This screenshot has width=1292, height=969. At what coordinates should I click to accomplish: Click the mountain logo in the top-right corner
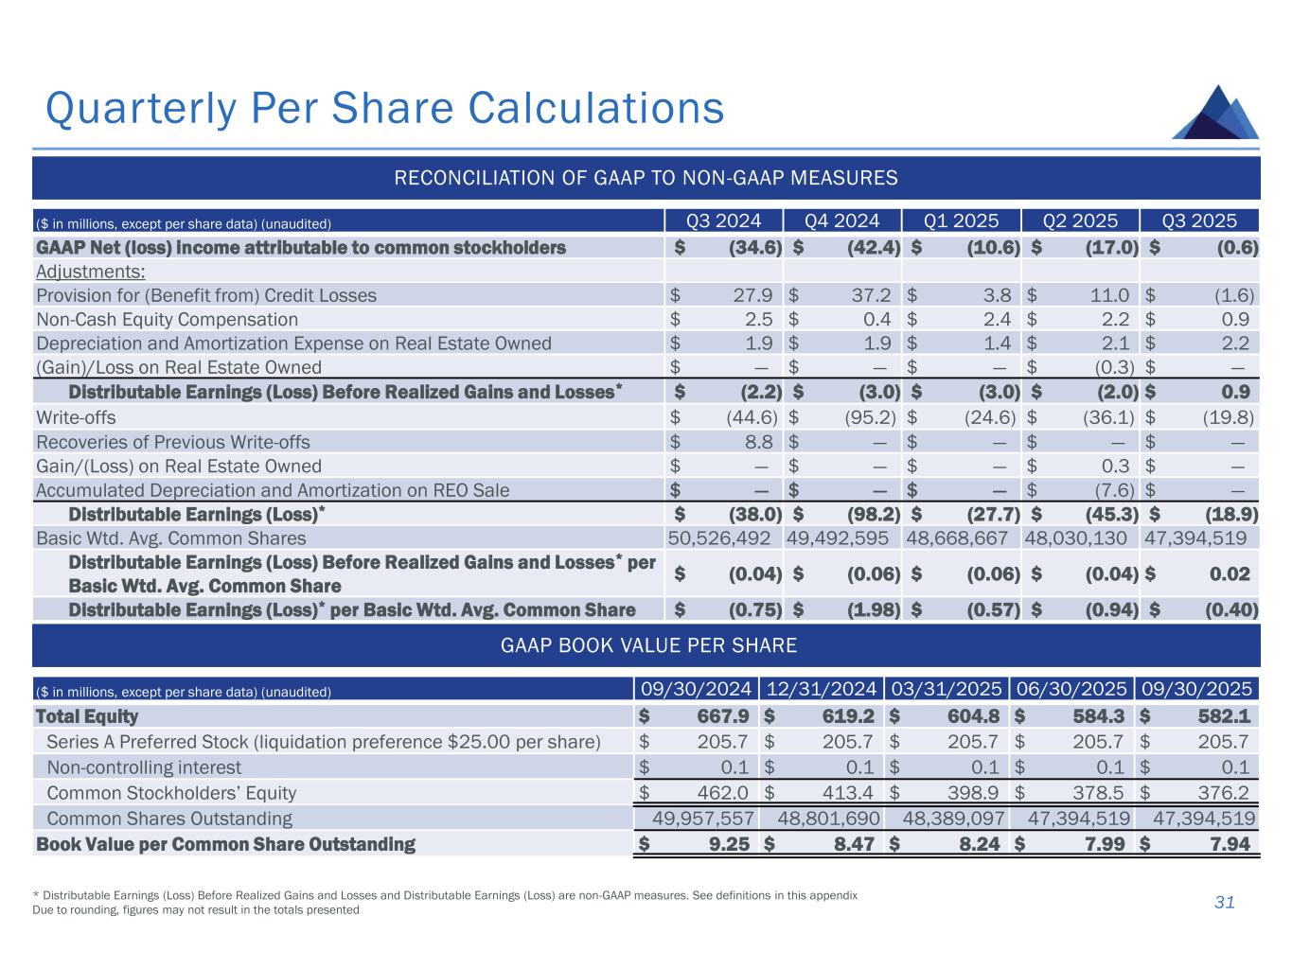pyautogui.click(x=1215, y=114)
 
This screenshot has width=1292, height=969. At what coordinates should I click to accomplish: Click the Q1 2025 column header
pyautogui.click(x=962, y=221)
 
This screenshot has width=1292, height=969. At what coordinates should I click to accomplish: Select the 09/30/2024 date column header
pyautogui.click(x=694, y=689)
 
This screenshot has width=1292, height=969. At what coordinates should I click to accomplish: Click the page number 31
pyautogui.click(x=1224, y=903)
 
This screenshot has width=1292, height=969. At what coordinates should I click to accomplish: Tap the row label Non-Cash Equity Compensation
pyautogui.click(x=167, y=320)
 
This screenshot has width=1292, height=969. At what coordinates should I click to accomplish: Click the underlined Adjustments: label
pyautogui.click(x=90, y=272)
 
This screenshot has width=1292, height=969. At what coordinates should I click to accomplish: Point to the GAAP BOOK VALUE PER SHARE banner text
pyautogui.click(x=647, y=646)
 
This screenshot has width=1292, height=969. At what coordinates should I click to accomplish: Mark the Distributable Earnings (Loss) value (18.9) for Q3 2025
pyautogui.click(x=1230, y=514)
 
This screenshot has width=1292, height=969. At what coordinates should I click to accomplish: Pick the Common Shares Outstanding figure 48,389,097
pyautogui.click(x=944, y=819)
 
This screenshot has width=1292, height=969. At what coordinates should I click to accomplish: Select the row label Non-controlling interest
pyautogui.click(x=144, y=767)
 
